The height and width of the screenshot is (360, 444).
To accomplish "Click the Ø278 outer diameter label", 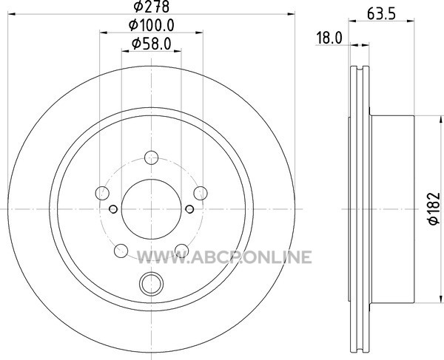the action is (x=152, y=6).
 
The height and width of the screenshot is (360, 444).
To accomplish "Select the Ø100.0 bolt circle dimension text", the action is (x=152, y=25).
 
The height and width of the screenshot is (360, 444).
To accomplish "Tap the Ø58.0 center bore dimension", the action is (x=152, y=44).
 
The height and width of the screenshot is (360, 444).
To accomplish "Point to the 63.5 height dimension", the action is (x=381, y=14).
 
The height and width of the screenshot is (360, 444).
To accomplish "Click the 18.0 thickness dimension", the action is (x=329, y=38).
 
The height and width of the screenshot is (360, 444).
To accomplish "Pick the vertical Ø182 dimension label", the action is (x=434, y=208).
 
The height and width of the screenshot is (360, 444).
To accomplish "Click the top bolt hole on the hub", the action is (x=151, y=157).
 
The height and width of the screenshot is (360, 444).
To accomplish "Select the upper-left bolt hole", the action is (x=102, y=193).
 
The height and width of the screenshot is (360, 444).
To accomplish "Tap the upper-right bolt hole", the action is (x=201, y=193).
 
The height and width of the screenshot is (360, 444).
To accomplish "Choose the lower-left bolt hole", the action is (x=121, y=251).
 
